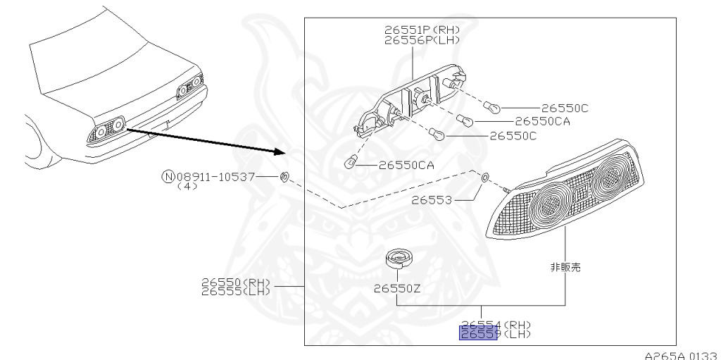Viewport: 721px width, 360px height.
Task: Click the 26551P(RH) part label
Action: [x=422, y=30]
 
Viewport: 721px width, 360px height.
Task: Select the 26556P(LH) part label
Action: [x=422, y=39]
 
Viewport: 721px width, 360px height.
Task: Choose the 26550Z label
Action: [x=397, y=288]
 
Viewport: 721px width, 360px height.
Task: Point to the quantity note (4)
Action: [x=187, y=186]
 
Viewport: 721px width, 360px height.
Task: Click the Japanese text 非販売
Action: [x=565, y=268]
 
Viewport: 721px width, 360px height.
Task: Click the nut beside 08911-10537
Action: [x=284, y=176]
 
